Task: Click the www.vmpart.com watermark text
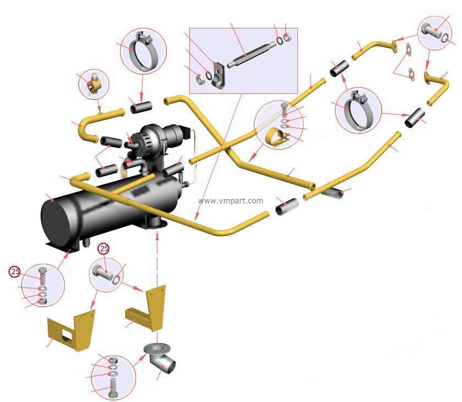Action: tap(230, 201)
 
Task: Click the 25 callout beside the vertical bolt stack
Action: tap(15, 271)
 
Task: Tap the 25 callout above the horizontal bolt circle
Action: tap(104, 249)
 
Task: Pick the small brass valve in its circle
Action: tap(94, 84)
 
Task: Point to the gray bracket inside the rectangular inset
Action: tap(218, 75)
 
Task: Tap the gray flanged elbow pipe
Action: tap(160, 357)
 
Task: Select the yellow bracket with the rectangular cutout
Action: tap(71, 329)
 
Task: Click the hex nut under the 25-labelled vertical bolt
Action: tap(43, 301)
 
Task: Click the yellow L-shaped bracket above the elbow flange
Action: tap(147, 308)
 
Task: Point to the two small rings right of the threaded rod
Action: tap(283, 38)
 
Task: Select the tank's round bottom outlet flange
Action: tap(157, 224)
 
